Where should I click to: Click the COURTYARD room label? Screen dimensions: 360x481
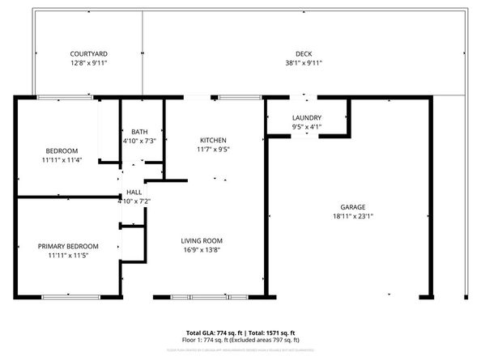pyautogui.click(x=87, y=53)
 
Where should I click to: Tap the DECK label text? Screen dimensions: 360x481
pyautogui.click(x=304, y=53)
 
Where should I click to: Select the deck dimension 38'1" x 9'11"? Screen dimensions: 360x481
pyautogui.click(x=304, y=62)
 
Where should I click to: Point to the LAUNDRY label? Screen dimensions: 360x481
pyautogui.click(x=307, y=117)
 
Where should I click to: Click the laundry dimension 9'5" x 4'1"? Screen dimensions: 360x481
pyautogui.click(x=307, y=126)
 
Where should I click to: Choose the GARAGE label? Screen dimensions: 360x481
pyautogui.click(x=352, y=207)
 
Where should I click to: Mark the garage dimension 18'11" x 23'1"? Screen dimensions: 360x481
pyautogui.click(x=352, y=216)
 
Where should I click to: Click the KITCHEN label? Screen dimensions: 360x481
pyautogui.click(x=213, y=140)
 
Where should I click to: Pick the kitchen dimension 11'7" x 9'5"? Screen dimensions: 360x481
pyautogui.click(x=213, y=149)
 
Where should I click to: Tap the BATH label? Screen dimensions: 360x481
pyautogui.click(x=139, y=132)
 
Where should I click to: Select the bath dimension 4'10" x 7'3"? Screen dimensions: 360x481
pyautogui.click(x=139, y=141)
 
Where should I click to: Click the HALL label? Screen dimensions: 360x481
pyautogui.click(x=134, y=192)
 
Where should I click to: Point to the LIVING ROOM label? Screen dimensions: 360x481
pyautogui.click(x=202, y=240)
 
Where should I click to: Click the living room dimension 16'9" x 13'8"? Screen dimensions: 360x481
pyautogui.click(x=202, y=250)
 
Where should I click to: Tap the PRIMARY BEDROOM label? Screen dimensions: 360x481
pyautogui.click(x=68, y=246)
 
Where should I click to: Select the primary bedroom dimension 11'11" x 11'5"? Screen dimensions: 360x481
pyautogui.click(x=68, y=256)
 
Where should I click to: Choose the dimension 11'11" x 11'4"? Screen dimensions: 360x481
pyautogui.click(x=62, y=160)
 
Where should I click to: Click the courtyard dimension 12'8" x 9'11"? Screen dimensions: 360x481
pyautogui.click(x=87, y=62)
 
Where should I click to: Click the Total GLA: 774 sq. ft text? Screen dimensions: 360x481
pyautogui.click(x=212, y=333)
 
